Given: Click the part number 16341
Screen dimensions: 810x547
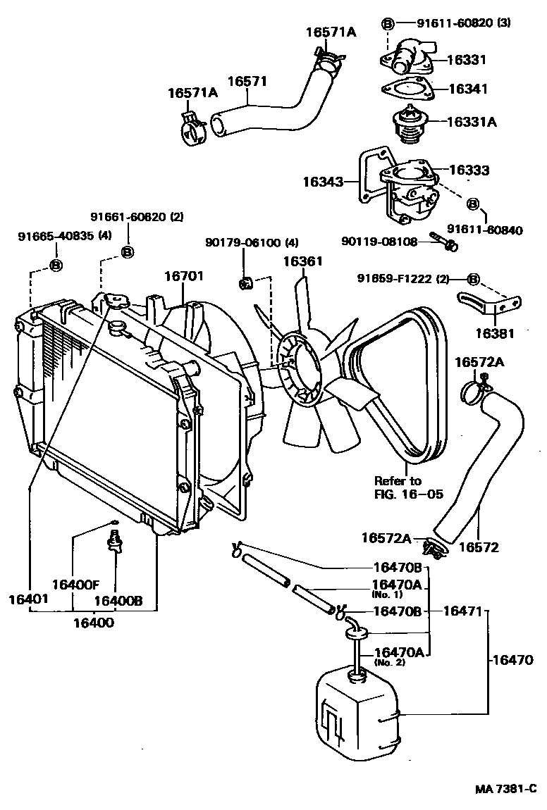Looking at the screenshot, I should click(467, 89).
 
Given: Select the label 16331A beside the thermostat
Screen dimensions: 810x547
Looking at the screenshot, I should click(472, 121).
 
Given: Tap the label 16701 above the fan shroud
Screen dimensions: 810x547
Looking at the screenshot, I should click(184, 277).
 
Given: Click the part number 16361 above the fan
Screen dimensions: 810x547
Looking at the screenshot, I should click(303, 262).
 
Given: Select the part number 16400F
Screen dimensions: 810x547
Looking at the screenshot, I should click(75, 584).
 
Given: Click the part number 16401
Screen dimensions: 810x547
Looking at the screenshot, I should click(28, 599).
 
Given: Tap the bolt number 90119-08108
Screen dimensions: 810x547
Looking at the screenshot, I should click(381, 242).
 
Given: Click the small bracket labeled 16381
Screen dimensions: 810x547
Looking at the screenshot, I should click(491, 304).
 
